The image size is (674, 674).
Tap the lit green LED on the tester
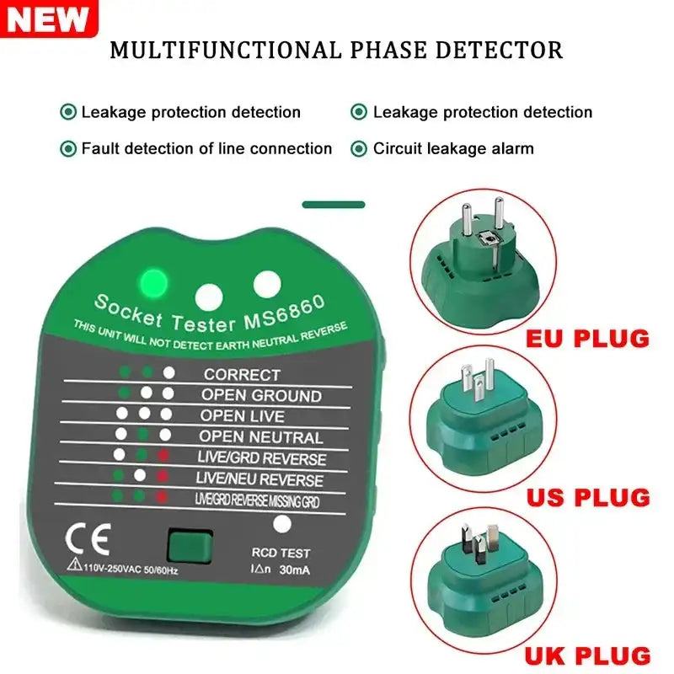154,282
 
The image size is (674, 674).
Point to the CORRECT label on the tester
242,374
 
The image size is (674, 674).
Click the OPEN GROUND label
260,395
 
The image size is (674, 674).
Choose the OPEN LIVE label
242,416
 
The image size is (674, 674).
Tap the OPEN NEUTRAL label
260,437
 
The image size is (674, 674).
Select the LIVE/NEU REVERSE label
259,480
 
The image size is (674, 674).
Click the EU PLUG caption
587,339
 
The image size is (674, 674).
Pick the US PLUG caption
588,496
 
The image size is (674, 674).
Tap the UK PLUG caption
588,655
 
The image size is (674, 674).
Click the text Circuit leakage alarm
453,149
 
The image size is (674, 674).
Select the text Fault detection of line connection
206,149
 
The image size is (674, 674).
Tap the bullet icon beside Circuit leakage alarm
359,149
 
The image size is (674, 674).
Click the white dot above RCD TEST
283,524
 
